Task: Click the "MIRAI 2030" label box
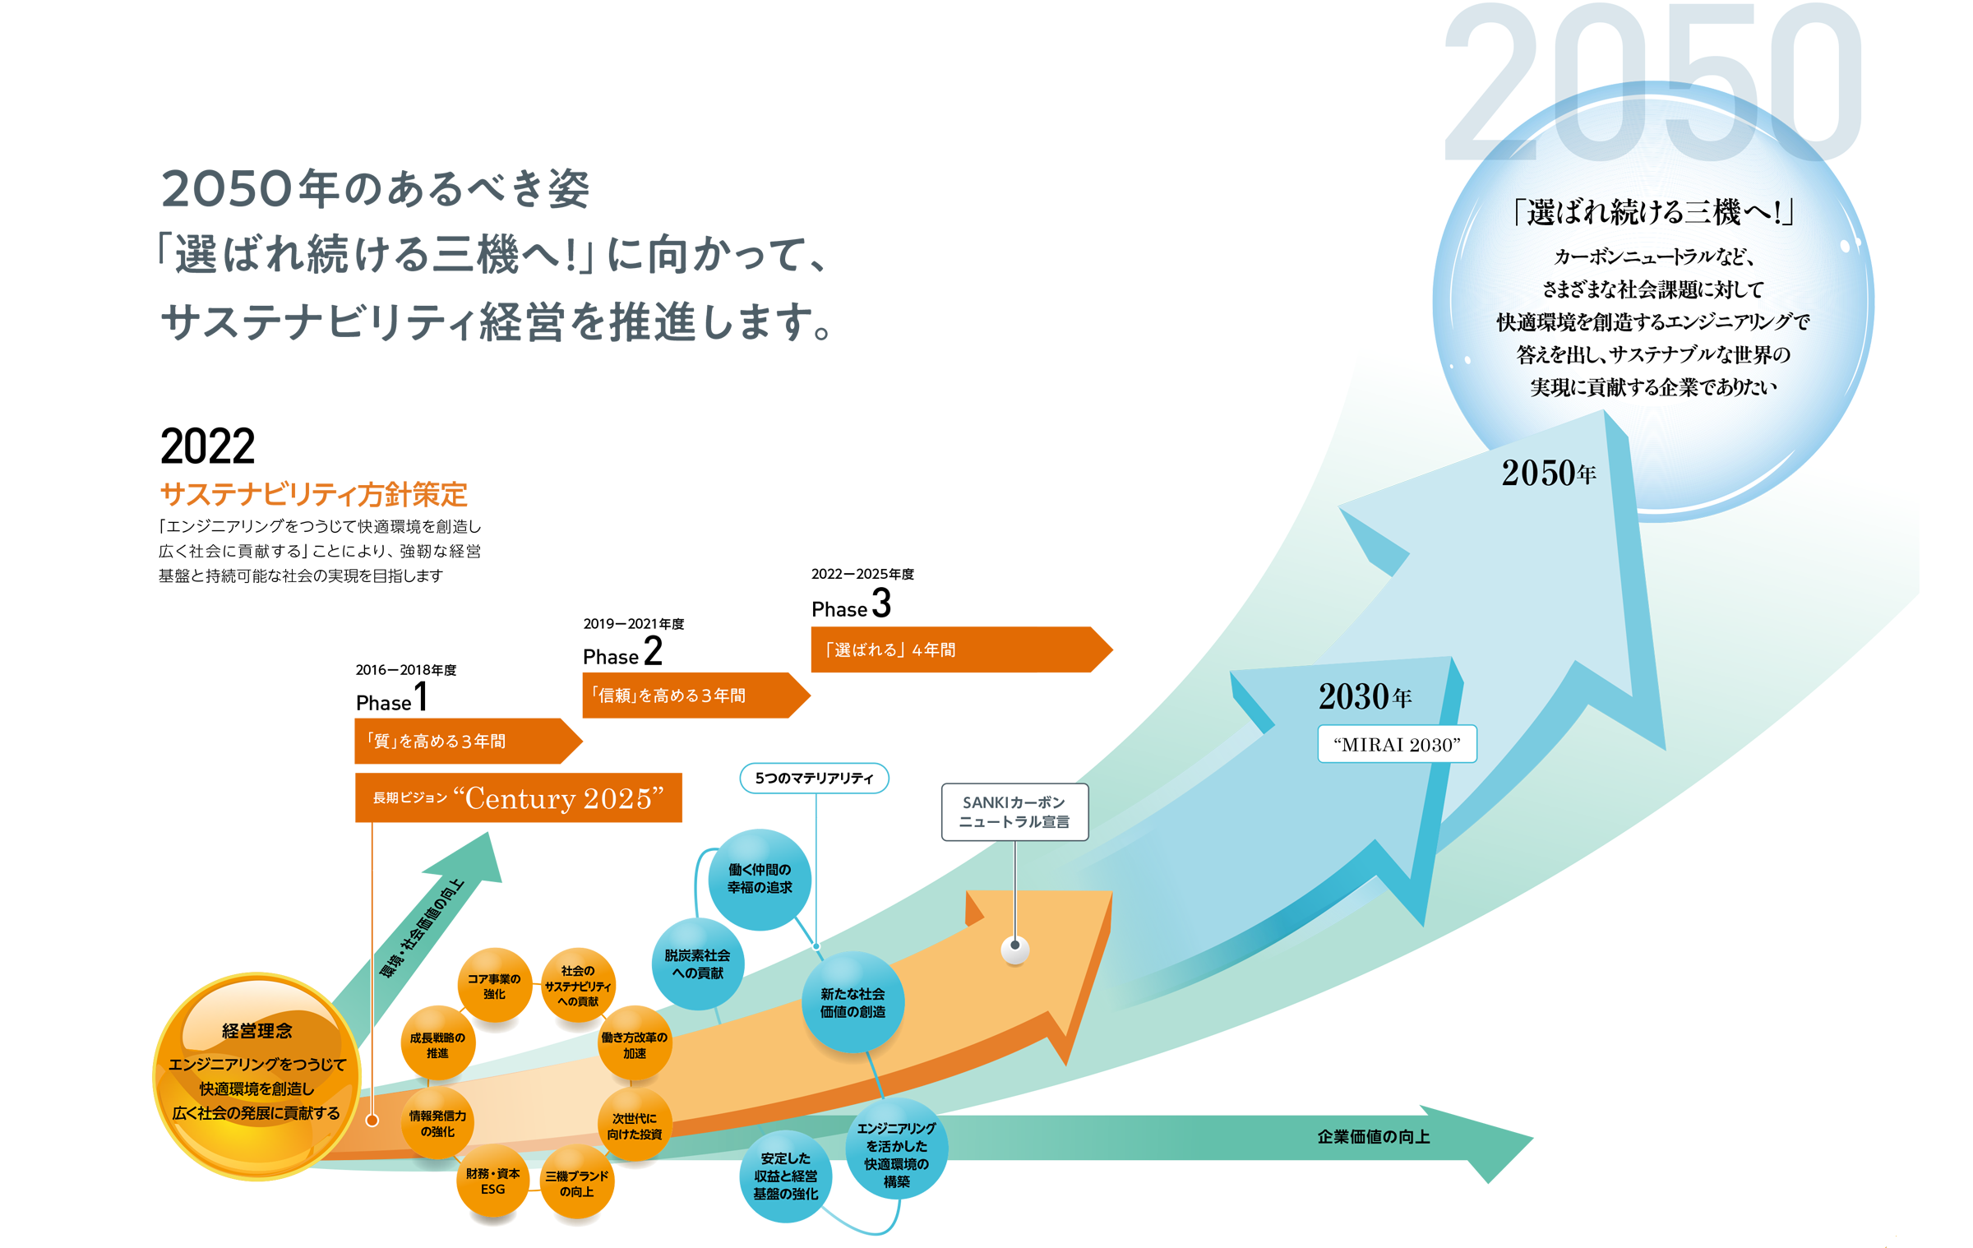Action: click(1396, 743)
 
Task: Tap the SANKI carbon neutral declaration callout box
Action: click(1014, 811)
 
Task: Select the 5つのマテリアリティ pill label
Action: click(813, 778)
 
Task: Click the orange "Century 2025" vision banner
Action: click(518, 797)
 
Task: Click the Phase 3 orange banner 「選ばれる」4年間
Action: click(954, 649)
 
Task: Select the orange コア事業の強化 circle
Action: click(494, 986)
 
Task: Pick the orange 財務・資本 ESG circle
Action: click(492, 1181)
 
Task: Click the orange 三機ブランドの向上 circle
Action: click(576, 1183)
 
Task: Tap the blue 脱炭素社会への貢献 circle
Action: click(698, 964)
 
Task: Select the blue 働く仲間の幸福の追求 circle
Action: click(760, 878)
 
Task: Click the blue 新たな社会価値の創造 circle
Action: click(853, 1002)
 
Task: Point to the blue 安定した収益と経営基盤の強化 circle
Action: click(785, 1176)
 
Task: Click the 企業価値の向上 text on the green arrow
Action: click(1373, 1136)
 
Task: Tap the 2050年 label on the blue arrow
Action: click(1548, 473)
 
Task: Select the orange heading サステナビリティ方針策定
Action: click(313, 494)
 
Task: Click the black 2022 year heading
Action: click(207, 446)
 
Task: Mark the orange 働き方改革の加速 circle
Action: click(634, 1045)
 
